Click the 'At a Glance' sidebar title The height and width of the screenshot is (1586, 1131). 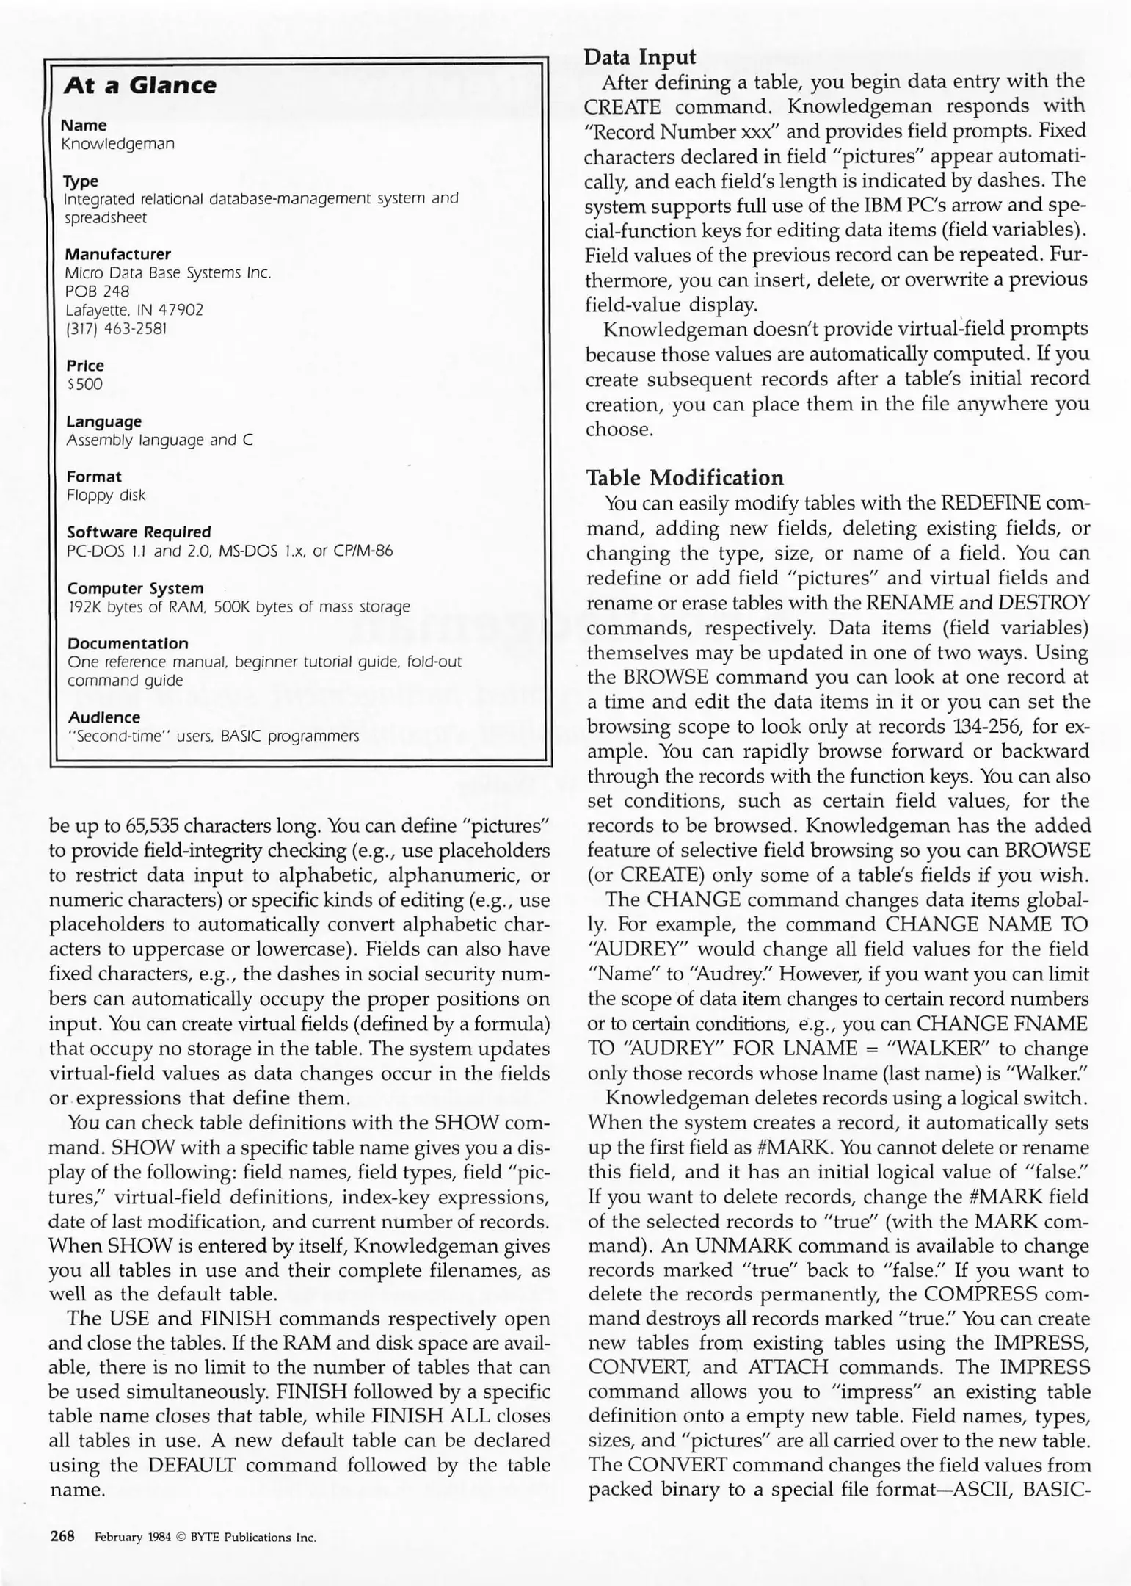point(139,85)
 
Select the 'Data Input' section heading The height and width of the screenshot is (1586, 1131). point(640,57)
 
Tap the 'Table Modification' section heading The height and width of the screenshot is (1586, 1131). point(685,478)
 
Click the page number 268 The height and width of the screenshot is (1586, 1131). point(62,1536)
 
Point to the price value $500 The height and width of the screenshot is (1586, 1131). point(84,384)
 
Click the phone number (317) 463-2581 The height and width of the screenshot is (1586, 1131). point(116,328)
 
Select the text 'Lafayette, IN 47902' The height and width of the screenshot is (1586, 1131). point(134,310)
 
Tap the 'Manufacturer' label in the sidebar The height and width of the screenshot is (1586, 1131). point(117,254)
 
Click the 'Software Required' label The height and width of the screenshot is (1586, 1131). point(139,532)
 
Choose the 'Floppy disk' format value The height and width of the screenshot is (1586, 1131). point(106,496)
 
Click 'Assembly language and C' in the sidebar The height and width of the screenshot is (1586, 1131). point(159,440)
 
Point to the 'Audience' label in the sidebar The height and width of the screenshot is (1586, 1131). point(103,717)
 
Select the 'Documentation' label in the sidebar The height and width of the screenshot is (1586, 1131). point(128,643)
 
